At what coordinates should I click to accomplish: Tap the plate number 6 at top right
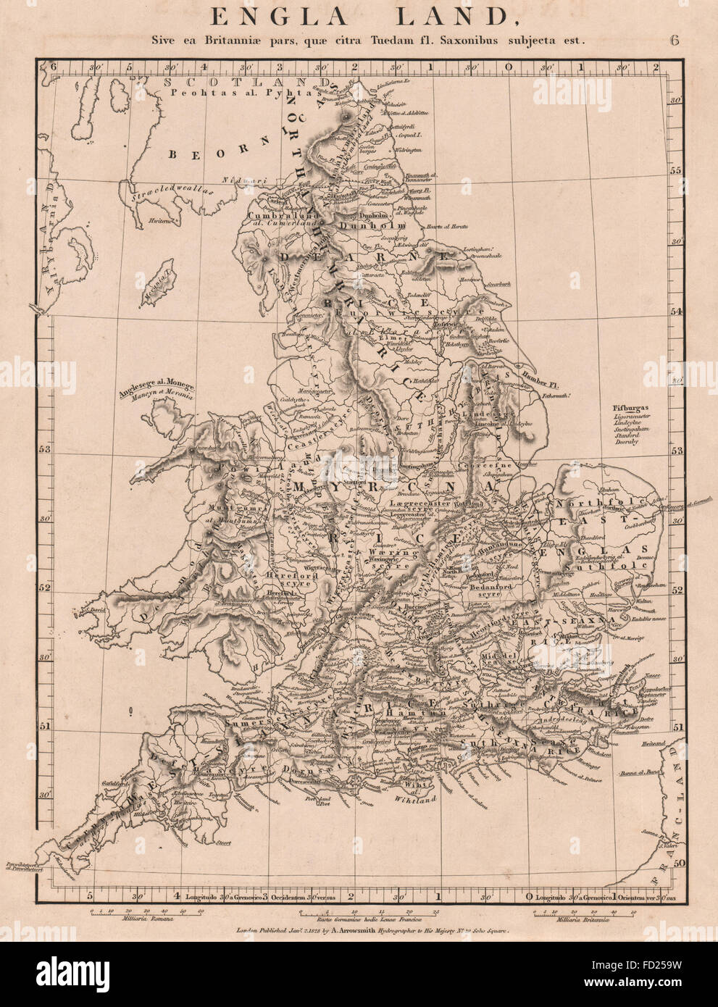pos(675,41)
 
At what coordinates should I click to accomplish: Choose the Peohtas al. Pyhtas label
pos(211,93)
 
